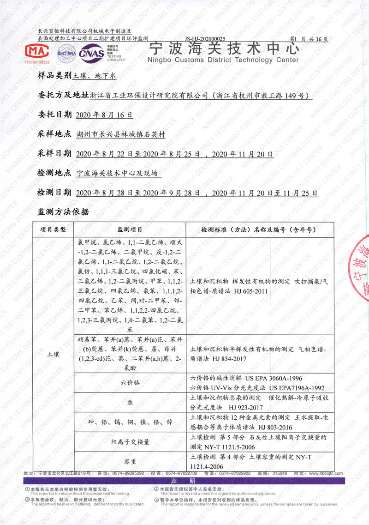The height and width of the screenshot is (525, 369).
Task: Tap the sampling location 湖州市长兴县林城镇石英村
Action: click(120, 135)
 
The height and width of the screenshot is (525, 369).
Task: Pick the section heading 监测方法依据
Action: click(62, 212)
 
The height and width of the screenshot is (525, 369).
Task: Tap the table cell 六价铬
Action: click(130, 383)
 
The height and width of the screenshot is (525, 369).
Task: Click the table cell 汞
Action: click(130, 403)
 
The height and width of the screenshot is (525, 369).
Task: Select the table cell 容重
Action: click(130, 460)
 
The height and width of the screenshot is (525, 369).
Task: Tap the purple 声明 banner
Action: click(184, 481)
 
